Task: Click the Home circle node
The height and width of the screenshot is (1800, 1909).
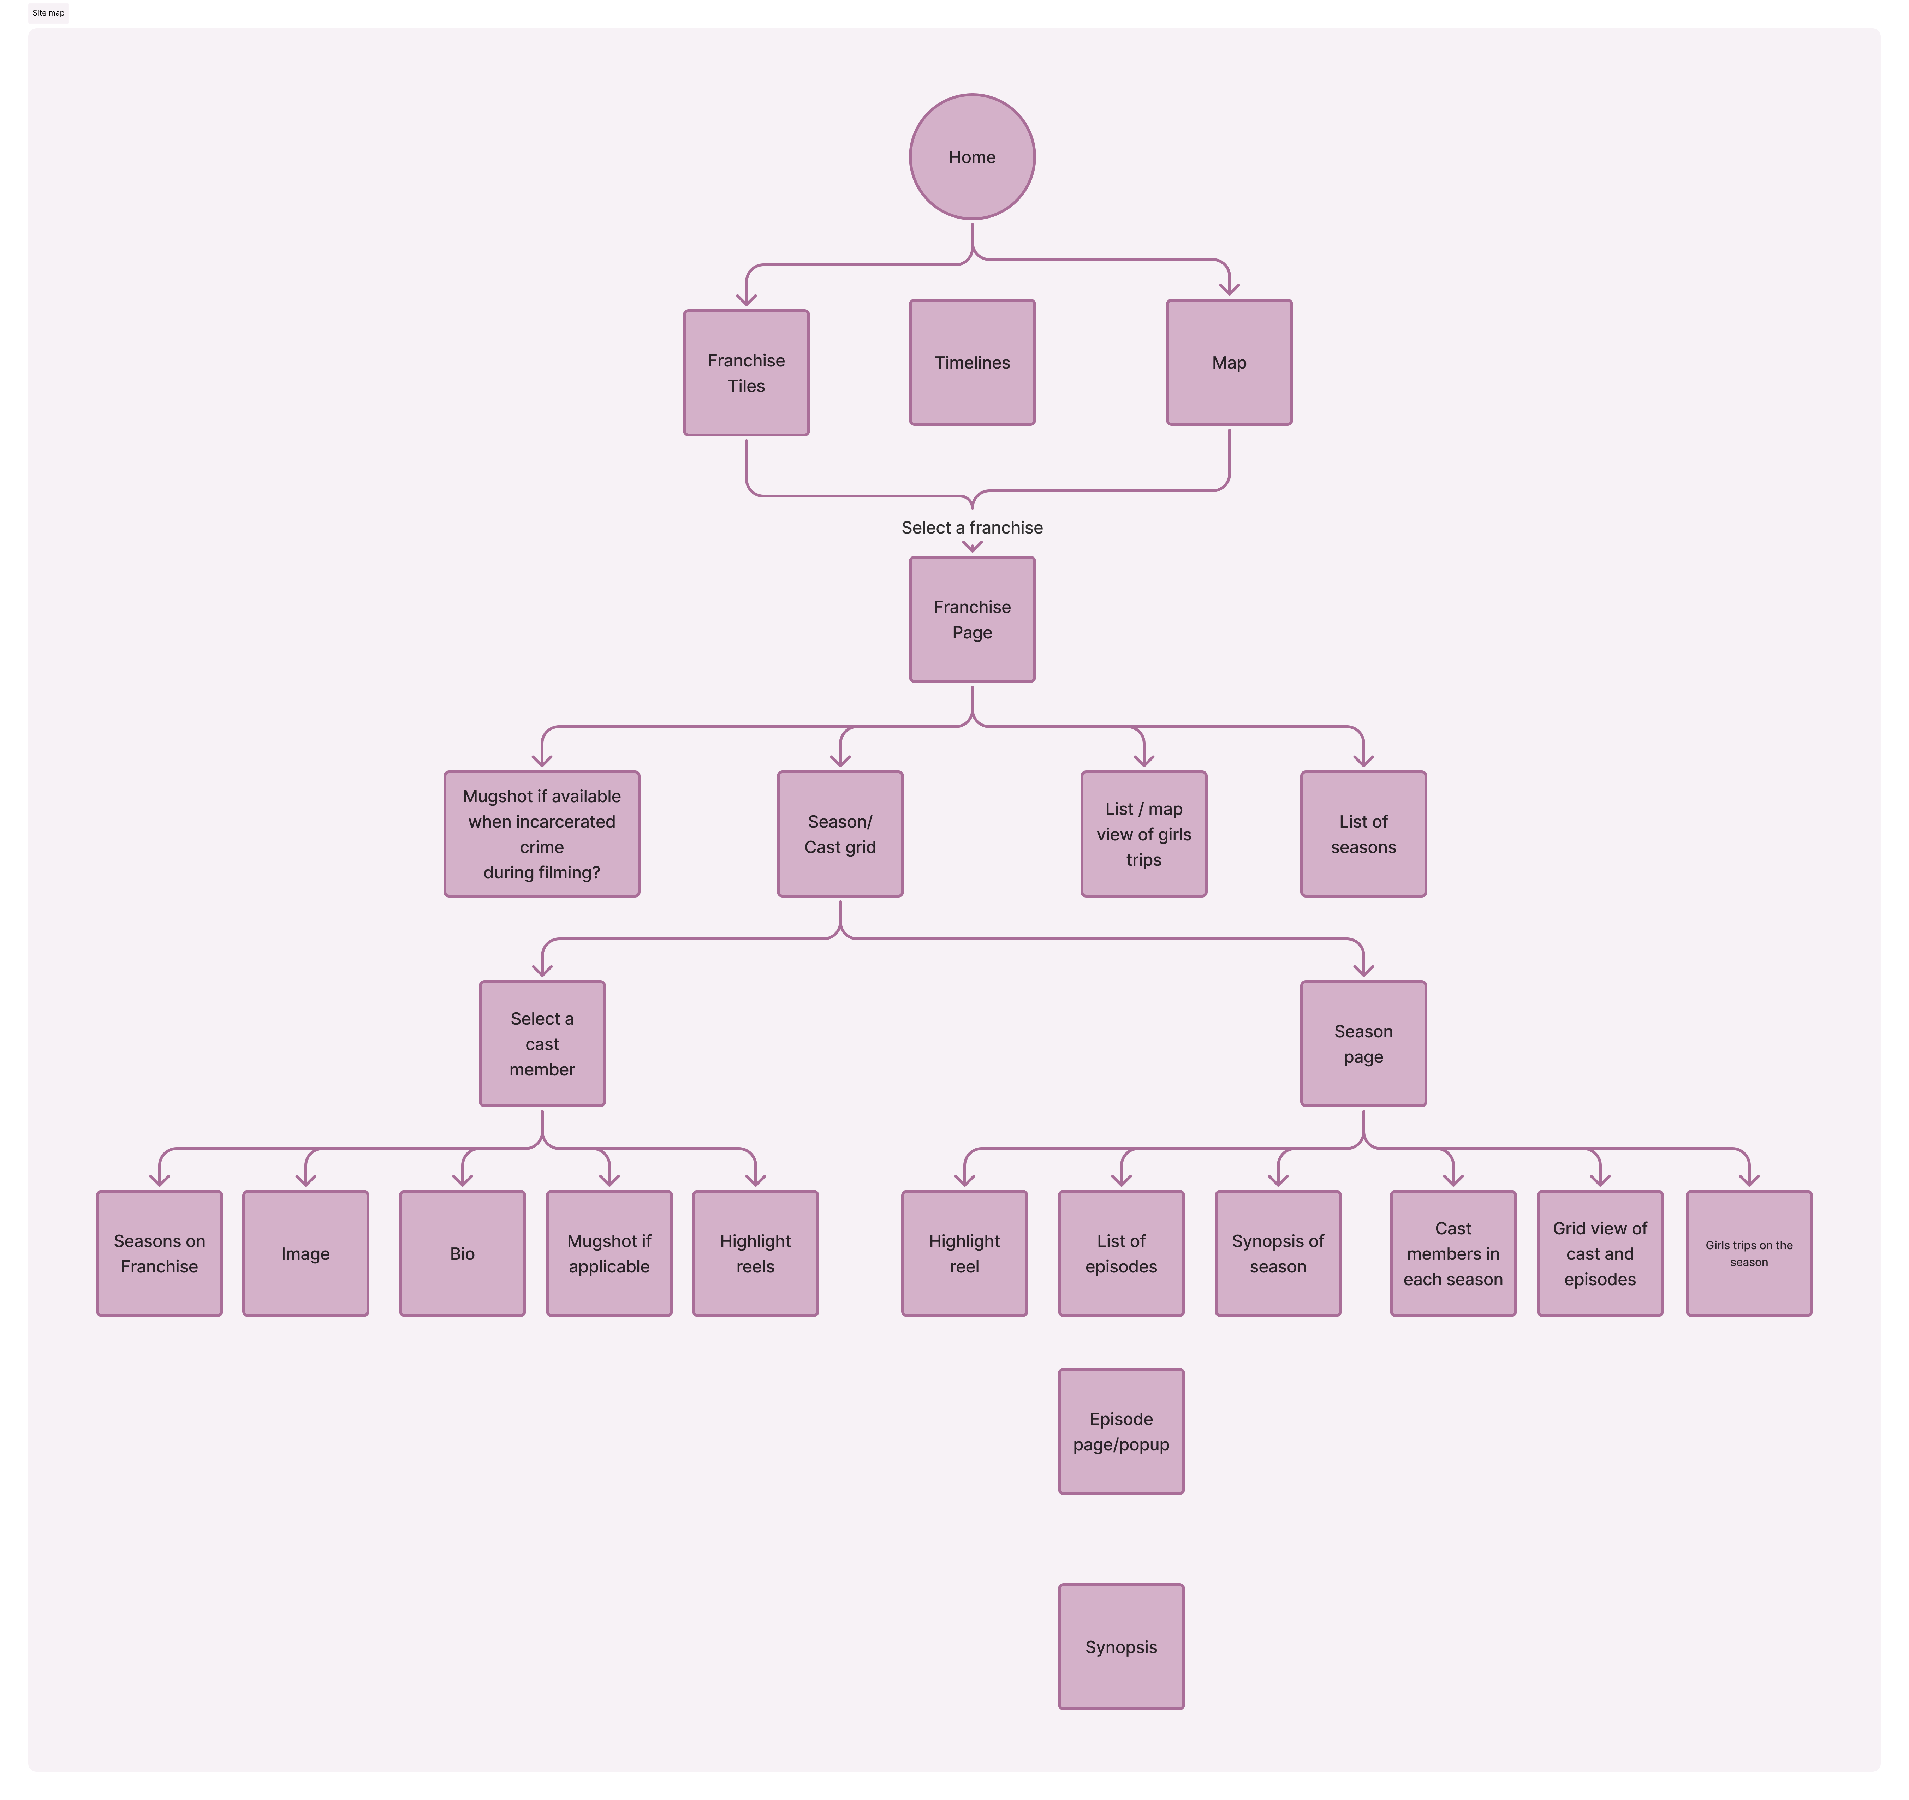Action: point(972,156)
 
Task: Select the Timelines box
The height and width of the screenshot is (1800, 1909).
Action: point(972,362)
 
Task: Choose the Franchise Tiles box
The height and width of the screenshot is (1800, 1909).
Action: point(746,372)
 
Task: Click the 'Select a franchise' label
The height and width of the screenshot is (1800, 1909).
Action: point(972,527)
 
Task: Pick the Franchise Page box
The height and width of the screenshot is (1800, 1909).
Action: point(972,619)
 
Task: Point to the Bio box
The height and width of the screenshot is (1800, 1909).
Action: point(462,1253)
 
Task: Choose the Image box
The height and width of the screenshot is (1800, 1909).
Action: point(305,1253)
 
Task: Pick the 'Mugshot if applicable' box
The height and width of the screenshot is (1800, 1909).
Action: point(609,1253)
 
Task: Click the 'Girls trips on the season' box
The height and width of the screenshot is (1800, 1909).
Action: point(1749,1253)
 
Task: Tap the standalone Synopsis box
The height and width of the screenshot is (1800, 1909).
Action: point(1120,1646)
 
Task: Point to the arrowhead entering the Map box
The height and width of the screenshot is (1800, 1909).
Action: point(1229,288)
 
